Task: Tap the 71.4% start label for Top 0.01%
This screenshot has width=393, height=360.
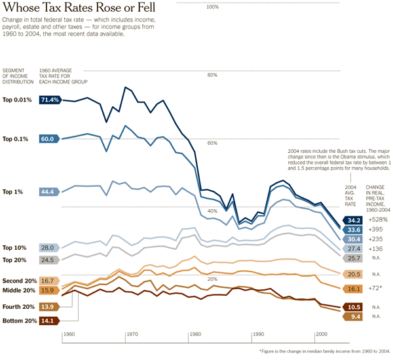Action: pyautogui.click(x=50, y=100)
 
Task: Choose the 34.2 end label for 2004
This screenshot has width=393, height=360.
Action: pyautogui.click(x=354, y=220)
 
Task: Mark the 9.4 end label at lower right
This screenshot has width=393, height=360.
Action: pyautogui.click(x=354, y=317)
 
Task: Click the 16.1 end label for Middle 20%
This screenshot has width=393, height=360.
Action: pyautogui.click(x=354, y=288)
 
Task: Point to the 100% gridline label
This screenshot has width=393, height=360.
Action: pyautogui.click(x=212, y=7)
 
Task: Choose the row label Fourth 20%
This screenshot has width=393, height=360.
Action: pyautogui.click(x=18, y=307)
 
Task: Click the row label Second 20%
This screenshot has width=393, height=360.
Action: pyautogui.click(x=18, y=281)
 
